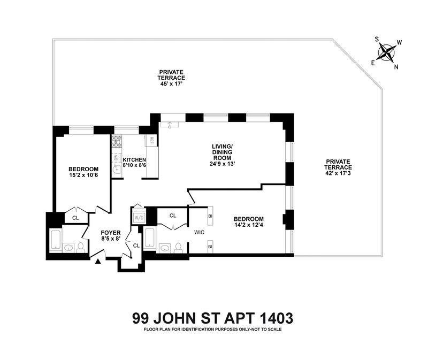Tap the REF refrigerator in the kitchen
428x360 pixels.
click(x=152, y=141)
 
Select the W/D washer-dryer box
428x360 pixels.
click(x=139, y=218)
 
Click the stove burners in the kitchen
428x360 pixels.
click(x=116, y=141)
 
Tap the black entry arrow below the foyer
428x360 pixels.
click(x=97, y=262)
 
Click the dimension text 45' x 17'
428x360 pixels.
click(x=171, y=84)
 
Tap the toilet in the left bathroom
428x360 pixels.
click(x=80, y=248)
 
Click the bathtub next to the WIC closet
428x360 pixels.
click(x=149, y=236)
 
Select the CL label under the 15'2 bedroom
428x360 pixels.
click(x=75, y=218)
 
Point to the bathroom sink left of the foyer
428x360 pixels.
click(x=67, y=248)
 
